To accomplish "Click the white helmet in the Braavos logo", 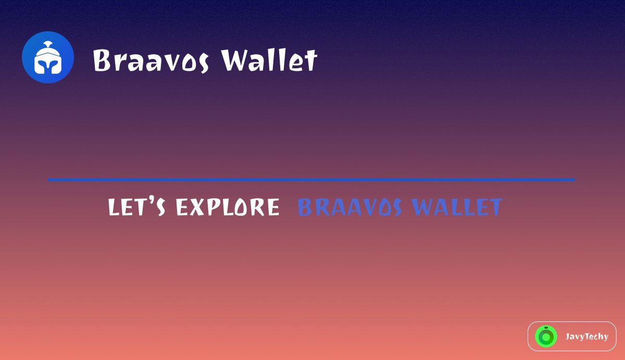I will click(47, 59).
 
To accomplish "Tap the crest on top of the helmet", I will click(48, 43).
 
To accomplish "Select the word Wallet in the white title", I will click(269, 60).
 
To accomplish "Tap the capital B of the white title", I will click(103, 60).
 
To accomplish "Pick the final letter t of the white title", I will click(311, 61).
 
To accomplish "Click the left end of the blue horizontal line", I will click(49, 180).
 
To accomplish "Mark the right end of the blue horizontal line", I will click(573, 180).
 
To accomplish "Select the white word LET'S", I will click(137, 207).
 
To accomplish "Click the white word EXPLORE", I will click(227, 207).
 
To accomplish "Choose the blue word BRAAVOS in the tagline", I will click(349, 207).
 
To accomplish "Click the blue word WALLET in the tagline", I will click(457, 207).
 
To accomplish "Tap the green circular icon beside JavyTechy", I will click(546, 337).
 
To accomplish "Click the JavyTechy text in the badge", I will click(586, 337).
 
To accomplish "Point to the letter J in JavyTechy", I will click(568, 337).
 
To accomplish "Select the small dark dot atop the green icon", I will click(546, 328).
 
